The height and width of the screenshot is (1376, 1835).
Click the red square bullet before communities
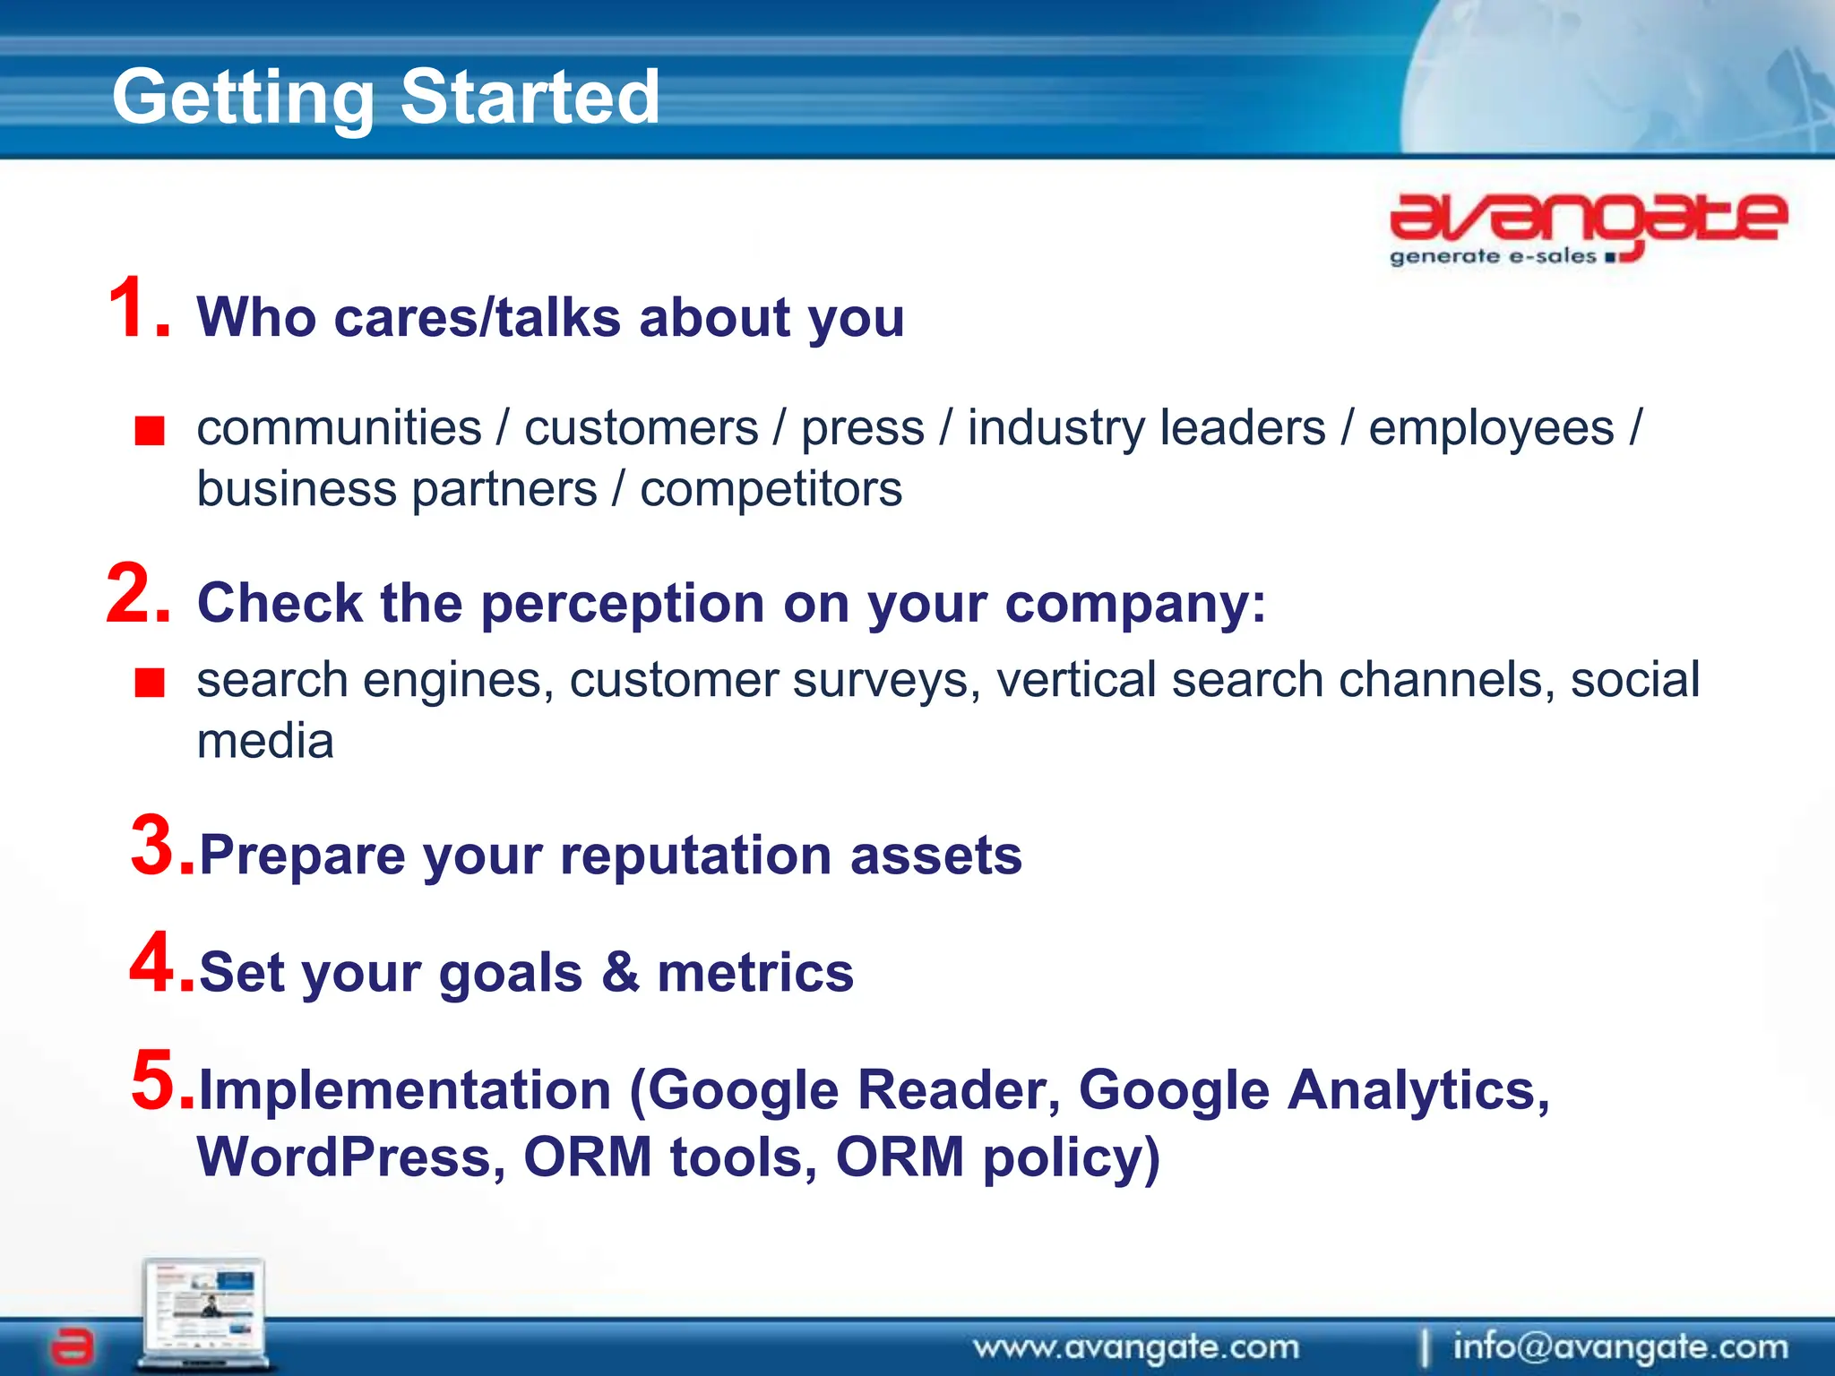pyautogui.click(x=150, y=431)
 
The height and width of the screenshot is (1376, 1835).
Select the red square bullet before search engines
pyautogui.click(x=150, y=684)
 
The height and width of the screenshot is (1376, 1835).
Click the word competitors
pyautogui.click(x=771, y=490)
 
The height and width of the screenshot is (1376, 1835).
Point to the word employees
pyautogui.click(x=1491, y=428)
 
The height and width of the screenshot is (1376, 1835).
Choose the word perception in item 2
pyautogui.click(x=623, y=604)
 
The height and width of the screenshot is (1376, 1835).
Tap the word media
pyautogui.click(x=265, y=742)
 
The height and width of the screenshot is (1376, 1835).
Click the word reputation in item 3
pyautogui.click(x=695, y=856)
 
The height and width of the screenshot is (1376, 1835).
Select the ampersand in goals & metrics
pyautogui.click(x=620, y=972)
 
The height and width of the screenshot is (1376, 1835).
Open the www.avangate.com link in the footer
pyautogui.click(x=1136, y=1346)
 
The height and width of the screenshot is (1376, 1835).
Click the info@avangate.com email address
pyautogui.click(x=1620, y=1346)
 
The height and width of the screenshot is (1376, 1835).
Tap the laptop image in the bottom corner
pyautogui.click(x=204, y=1312)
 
